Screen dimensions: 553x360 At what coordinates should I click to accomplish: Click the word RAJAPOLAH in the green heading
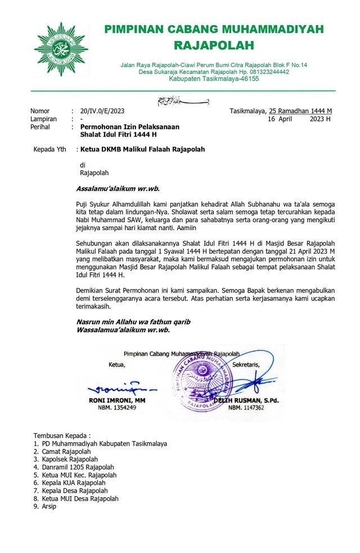pos(214,45)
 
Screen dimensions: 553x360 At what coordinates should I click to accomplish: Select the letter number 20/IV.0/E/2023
pos(102,111)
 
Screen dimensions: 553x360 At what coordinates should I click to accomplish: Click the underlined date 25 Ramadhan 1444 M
pos(300,111)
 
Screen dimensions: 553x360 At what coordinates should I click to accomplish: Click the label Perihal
pos(40,127)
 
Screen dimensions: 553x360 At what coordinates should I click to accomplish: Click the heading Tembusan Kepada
pos(61,435)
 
